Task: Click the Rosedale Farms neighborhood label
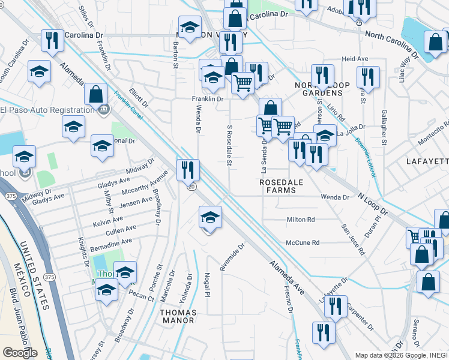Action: click(278, 186)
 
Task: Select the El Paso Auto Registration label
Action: click(44, 110)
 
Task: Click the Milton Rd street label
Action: click(301, 220)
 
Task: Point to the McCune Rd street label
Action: click(303, 242)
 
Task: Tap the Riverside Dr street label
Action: click(232, 257)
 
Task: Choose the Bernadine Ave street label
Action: click(110, 245)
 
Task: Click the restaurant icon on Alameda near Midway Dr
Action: click(188, 170)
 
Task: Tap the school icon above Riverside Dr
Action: click(210, 218)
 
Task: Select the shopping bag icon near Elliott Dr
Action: click(95, 94)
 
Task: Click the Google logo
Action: click(20, 353)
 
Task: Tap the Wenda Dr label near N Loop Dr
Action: click(335, 197)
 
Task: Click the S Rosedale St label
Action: click(229, 146)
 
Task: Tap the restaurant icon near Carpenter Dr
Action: click(336, 306)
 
